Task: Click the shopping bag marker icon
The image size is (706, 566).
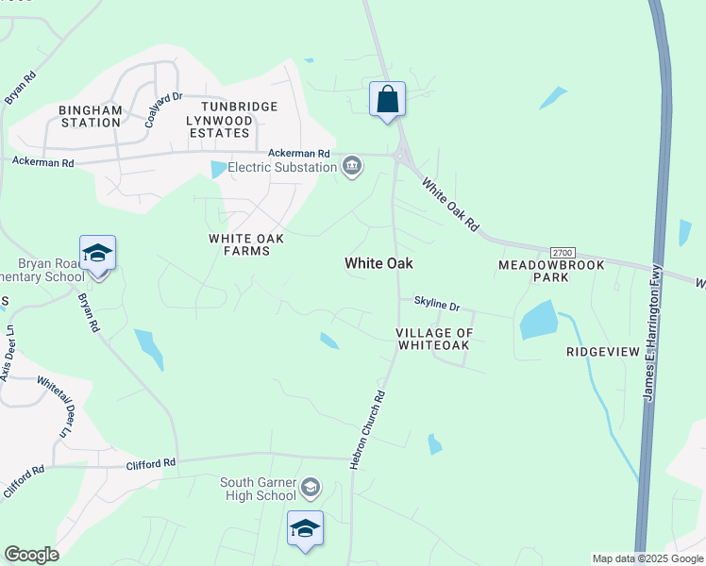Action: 387,99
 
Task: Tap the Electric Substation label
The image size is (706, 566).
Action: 282,167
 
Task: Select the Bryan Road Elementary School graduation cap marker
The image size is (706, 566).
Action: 97,254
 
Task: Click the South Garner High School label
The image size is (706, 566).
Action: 258,489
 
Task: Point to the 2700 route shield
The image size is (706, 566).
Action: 562,253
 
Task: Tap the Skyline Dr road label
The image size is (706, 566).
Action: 436,307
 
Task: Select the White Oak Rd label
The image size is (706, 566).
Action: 450,207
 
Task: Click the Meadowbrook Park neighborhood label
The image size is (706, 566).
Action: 546,272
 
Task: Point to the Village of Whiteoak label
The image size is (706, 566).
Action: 433,340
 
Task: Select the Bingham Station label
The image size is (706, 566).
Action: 91,116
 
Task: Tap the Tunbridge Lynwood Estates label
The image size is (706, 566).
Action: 231,120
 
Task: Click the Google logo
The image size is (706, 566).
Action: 31,555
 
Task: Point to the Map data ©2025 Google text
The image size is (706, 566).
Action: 647,558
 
